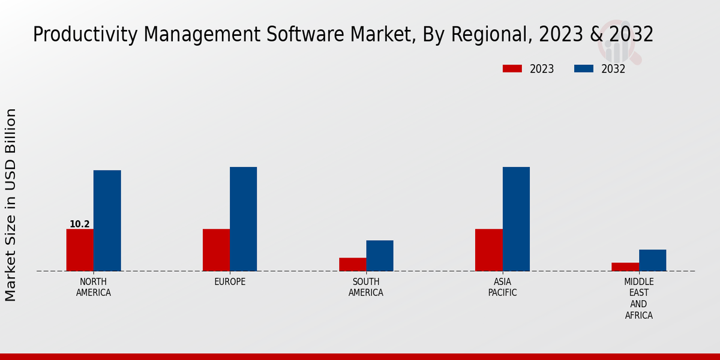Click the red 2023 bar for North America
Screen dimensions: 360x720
[x=80, y=250]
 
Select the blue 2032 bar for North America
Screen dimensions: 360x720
[x=107, y=220]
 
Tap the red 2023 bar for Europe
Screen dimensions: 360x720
[x=216, y=250]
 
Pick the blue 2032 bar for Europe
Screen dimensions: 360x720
[x=243, y=218]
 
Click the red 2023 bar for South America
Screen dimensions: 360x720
[x=352, y=264]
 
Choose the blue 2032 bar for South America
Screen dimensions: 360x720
[x=379, y=256]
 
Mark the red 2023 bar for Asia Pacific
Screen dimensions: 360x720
[x=488, y=250]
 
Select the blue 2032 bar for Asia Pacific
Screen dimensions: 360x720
[x=516, y=218]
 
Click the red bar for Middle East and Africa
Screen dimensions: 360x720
[x=625, y=266]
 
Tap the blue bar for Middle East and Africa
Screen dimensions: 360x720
[x=652, y=260]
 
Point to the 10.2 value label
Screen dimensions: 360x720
[x=79, y=224]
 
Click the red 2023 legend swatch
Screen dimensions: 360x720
[x=512, y=69]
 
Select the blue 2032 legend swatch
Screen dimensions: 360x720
[x=583, y=69]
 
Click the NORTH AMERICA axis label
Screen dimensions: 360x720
[x=93, y=287]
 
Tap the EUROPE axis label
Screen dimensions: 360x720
[x=230, y=282]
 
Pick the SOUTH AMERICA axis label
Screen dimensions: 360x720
[x=366, y=287]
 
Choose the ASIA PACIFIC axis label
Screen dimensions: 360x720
[x=502, y=287]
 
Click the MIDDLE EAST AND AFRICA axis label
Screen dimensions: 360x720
[x=638, y=298]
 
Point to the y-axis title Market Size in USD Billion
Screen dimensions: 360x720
[x=11, y=205]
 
